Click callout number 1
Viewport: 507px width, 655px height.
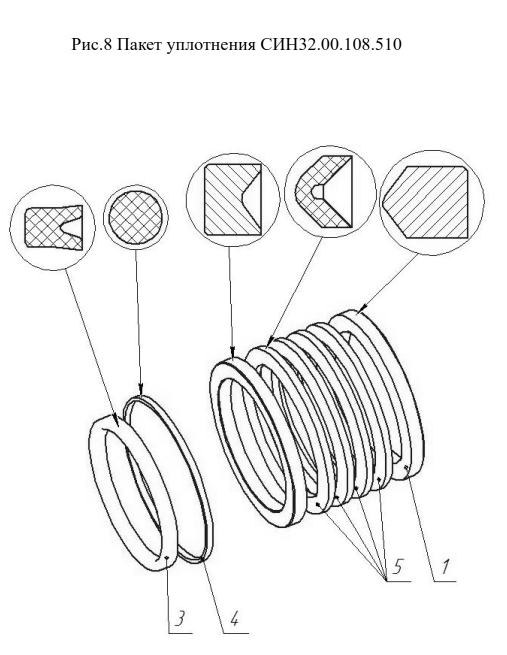point(445,567)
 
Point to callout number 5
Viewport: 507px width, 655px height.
point(397,567)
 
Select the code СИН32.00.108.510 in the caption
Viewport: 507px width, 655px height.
point(331,44)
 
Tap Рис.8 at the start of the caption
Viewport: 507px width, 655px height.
point(91,44)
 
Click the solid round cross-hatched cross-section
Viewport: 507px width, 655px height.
point(136,218)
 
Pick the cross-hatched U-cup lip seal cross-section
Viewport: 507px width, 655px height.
point(53,228)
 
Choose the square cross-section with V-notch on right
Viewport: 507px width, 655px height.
point(233,198)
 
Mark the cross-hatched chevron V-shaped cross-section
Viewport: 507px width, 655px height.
point(323,192)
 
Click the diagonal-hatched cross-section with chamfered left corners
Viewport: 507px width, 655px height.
point(425,202)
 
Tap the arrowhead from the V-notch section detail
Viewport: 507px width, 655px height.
point(232,353)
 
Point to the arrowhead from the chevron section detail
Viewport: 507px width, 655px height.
point(271,340)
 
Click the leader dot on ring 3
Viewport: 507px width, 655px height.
point(166,558)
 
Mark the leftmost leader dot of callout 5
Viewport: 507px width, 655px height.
point(318,504)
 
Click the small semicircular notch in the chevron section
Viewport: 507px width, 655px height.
point(317,192)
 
